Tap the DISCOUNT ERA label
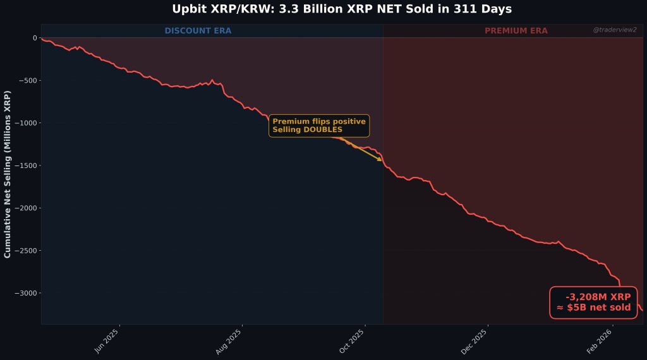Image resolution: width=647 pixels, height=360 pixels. click(x=198, y=31)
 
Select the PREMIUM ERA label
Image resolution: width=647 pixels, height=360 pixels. click(x=516, y=31)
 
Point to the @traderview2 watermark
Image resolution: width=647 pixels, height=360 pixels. click(x=615, y=30)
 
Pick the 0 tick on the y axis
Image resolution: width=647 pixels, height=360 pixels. click(x=35, y=38)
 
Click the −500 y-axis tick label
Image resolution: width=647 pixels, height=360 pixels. click(x=27, y=81)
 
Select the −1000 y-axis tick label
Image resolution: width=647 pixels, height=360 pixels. click(x=25, y=123)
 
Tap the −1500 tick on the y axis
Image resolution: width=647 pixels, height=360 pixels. click(x=25, y=165)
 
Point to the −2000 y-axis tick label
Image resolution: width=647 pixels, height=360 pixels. click(x=25, y=208)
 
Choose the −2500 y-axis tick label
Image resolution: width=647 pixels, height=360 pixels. click(x=25, y=251)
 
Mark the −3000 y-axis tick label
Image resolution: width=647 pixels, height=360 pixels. click(x=25, y=293)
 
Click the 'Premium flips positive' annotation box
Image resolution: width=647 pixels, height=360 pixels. click(x=319, y=125)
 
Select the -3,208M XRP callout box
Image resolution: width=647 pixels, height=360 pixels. click(x=594, y=303)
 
